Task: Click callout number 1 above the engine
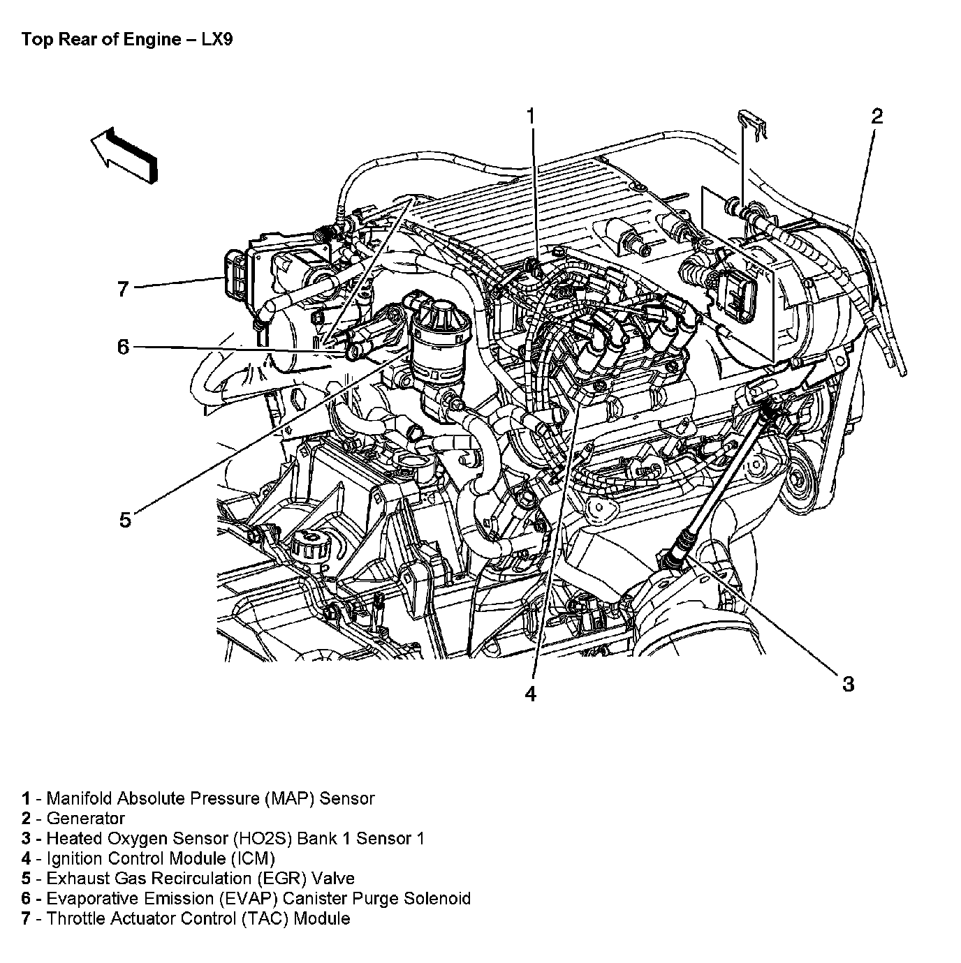tap(531, 117)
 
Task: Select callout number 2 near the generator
tap(876, 117)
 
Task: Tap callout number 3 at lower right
tap(847, 684)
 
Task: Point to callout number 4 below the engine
tap(531, 693)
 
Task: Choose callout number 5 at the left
tap(125, 519)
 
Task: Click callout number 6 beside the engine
tap(124, 347)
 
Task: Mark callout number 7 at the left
tap(124, 288)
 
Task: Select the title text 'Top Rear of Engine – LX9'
tap(126, 39)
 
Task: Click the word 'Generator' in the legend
tap(85, 819)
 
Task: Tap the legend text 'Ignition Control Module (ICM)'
tap(161, 858)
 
